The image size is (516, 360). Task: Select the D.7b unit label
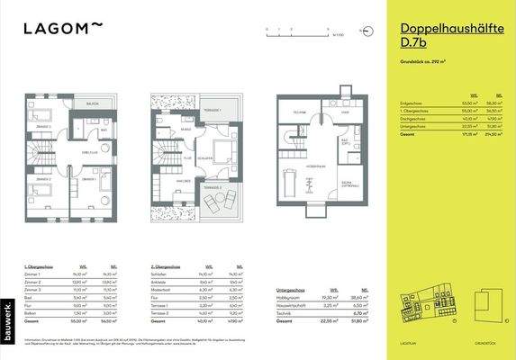[x=415, y=44]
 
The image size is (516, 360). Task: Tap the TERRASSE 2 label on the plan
[x=214, y=186]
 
